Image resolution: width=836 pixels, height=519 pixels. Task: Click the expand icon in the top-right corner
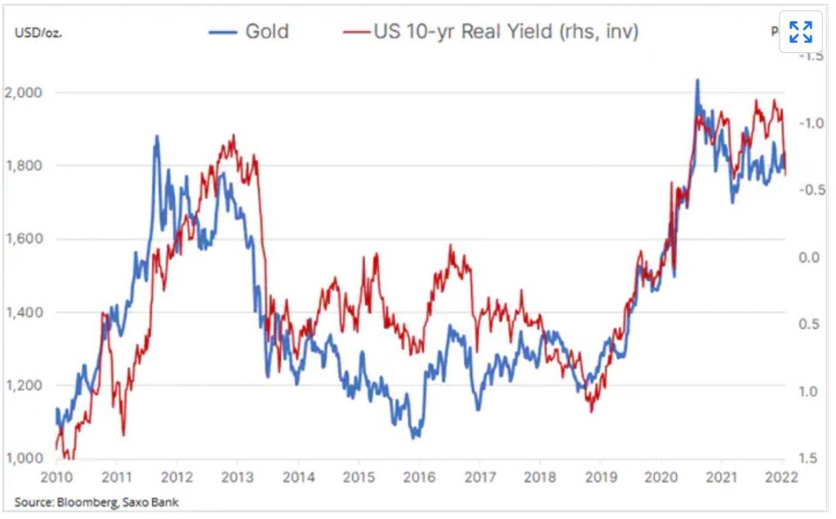click(x=800, y=33)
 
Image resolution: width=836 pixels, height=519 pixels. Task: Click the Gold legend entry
click(x=249, y=33)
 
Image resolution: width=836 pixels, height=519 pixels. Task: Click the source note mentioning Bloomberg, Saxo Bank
click(x=96, y=503)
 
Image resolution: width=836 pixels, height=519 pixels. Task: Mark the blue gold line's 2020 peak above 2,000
click(x=697, y=81)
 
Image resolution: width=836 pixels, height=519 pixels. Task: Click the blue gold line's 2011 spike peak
click(x=157, y=136)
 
